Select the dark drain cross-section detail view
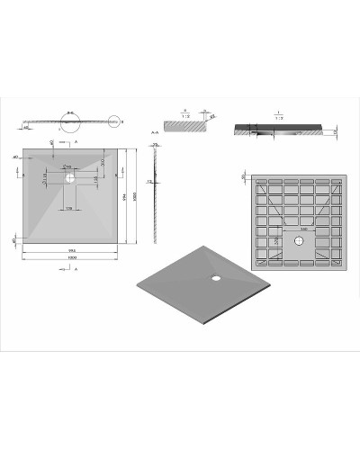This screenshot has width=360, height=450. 279,129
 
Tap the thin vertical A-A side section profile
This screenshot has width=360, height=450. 156,193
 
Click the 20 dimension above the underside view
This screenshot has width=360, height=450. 244,176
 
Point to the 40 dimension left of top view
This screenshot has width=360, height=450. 15,157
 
